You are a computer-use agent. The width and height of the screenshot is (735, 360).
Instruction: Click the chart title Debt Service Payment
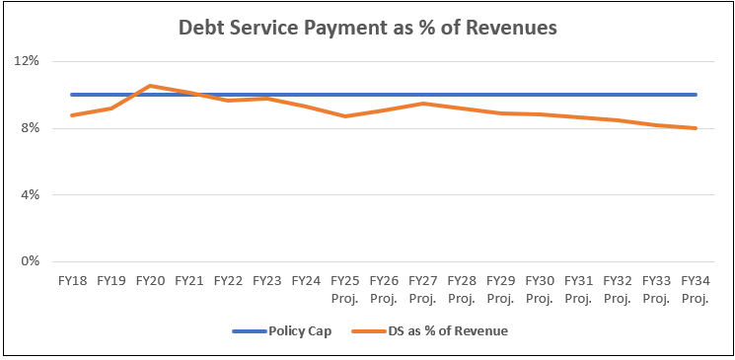point(367,28)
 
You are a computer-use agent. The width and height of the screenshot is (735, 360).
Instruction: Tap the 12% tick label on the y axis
point(26,61)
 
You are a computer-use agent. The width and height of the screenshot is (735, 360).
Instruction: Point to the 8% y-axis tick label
point(29,128)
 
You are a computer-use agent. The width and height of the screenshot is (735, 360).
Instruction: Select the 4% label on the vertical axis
point(29,195)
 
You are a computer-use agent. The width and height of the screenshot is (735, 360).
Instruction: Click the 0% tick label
point(29,262)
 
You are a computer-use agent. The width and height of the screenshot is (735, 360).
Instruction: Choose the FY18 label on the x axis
point(72,281)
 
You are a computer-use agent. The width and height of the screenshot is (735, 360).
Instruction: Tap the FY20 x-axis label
point(150,281)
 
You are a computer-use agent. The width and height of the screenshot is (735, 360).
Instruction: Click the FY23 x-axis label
point(266,281)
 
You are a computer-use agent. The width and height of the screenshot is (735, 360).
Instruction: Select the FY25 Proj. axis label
point(344,288)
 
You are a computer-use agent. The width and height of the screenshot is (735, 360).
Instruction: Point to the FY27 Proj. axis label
point(422,288)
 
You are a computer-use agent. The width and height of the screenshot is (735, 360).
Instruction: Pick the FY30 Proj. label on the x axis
point(539,288)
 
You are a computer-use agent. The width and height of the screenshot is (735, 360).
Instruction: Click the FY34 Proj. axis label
point(695,288)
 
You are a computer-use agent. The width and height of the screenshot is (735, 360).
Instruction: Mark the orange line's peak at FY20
point(150,86)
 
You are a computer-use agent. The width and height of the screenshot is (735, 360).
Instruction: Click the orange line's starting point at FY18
point(72,115)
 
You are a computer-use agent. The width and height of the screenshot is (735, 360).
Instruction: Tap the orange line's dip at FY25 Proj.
point(344,116)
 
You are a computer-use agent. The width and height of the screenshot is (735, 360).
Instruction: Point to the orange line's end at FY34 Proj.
point(695,128)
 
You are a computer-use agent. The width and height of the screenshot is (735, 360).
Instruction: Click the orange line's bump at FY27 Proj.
point(422,104)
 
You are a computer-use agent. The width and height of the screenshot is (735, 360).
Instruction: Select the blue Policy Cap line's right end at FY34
point(695,95)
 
